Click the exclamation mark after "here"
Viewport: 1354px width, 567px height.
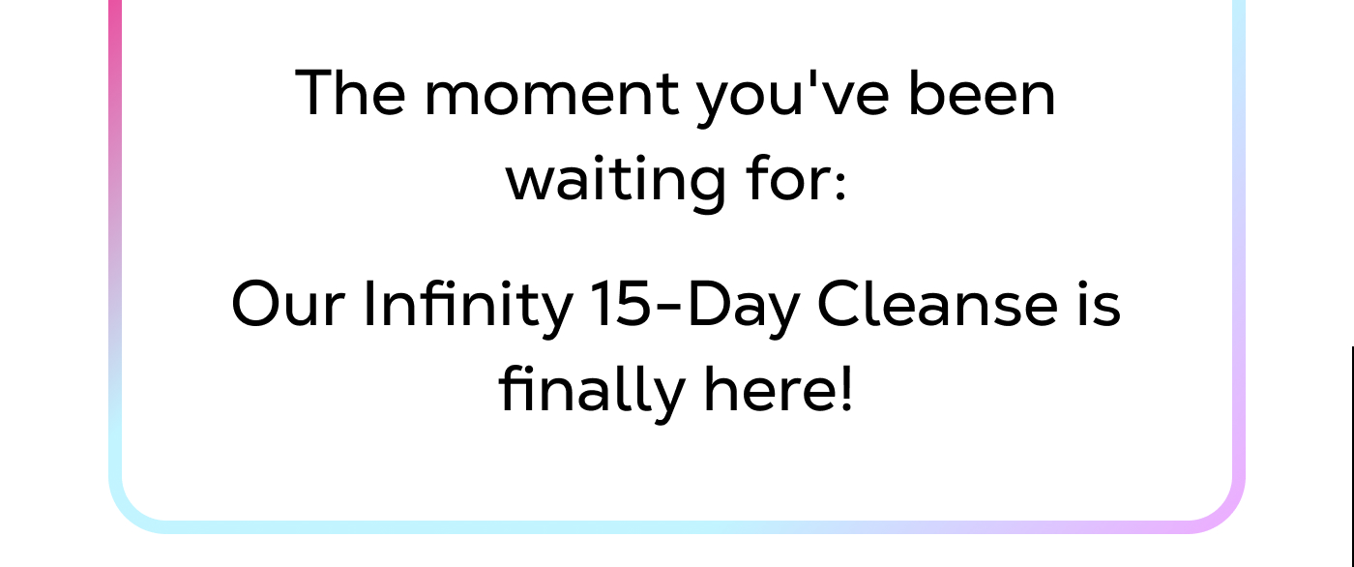pos(846,389)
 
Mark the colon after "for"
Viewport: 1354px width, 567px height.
pos(839,184)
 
